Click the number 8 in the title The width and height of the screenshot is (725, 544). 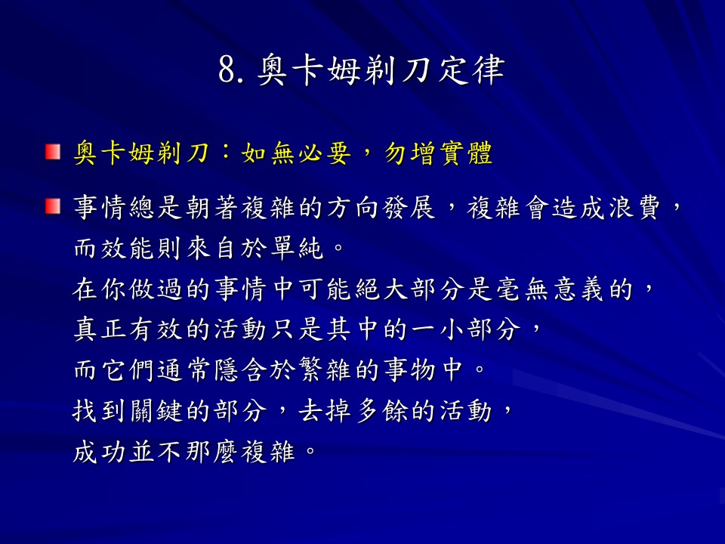pyautogui.click(x=227, y=70)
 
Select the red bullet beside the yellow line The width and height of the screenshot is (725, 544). pyautogui.click(x=53, y=152)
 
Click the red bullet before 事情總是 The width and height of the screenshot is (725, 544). pyautogui.click(x=53, y=206)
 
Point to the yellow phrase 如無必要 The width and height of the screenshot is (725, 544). pyautogui.click(x=296, y=153)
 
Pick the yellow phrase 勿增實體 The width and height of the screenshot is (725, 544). pyautogui.click(x=438, y=153)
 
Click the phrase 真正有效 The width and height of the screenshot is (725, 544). pyautogui.click(x=128, y=330)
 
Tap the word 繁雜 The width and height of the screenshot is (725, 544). pyautogui.click(x=325, y=370)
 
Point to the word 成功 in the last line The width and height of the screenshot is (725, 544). pyautogui.click(x=100, y=452)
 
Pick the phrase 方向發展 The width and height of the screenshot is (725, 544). pyautogui.click(x=381, y=208)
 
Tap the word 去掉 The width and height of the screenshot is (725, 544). pyautogui.click(x=325, y=411)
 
